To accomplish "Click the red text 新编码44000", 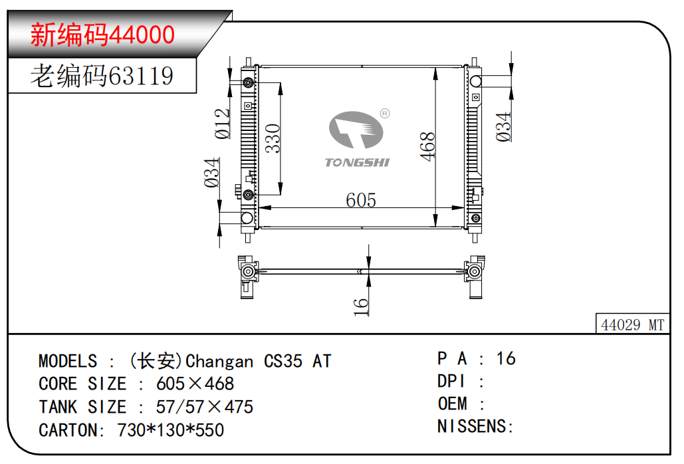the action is tap(102, 35).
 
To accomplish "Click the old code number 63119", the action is tap(140, 76).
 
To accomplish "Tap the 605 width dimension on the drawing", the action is tap(361, 200).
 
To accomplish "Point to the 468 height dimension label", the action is tap(427, 146).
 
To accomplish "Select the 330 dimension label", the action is tap(273, 138).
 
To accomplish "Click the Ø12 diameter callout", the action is tap(222, 124).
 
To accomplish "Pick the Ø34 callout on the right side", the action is tap(503, 127).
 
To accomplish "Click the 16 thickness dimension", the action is tap(361, 307).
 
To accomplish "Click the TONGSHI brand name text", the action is tap(357, 163).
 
